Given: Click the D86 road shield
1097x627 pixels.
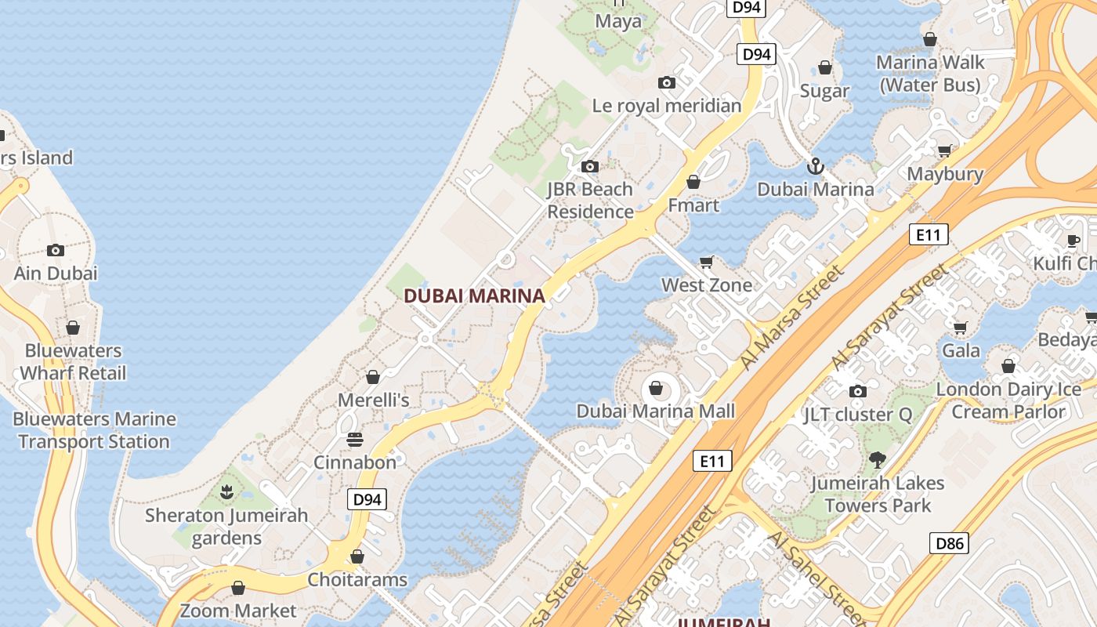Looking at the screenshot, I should pyautogui.click(x=949, y=542).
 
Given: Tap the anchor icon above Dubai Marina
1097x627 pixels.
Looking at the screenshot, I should pyautogui.click(x=816, y=166).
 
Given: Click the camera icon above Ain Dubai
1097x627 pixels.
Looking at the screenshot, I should pyautogui.click(x=56, y=250).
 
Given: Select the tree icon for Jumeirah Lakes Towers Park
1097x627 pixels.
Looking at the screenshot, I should pyautogui.click(x=876, y=460).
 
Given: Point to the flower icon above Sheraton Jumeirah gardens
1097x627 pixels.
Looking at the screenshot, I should pyautogui.click(x=226, y=492).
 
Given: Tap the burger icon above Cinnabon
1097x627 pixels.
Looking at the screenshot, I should pyautogui.click(x=355, y=439).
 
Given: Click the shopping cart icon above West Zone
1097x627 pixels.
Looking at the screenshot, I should pyautogui.click(x=707, y=262).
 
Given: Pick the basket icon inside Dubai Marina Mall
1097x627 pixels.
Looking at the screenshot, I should pyautogui.click(x=656, y=388).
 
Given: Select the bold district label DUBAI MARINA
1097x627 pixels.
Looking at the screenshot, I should pyautogui.click(x=473, y=295).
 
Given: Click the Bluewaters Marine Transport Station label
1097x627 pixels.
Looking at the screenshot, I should pyautogui.click(x=94, y=430).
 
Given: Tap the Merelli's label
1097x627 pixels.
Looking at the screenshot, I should pyautogui.click(x=374, y=400).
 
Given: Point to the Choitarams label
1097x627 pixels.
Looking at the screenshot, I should pyautogui.click(x=357, y=579).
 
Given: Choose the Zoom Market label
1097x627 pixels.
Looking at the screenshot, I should pyautogui.click(x=238, y=611).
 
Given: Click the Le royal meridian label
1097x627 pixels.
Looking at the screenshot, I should pyautogui.click(x=666, y=105).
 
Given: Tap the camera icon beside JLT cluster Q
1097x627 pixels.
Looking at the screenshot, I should pyautogui.click(x=858, y=391).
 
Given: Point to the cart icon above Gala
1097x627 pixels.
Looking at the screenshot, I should pyautogui.click(x=960, y=327).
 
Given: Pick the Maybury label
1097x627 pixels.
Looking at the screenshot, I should pyautogui.click(x=945, y=173).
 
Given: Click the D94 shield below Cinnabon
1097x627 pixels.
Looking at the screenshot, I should pyautogui.click(x=367, y=499).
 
